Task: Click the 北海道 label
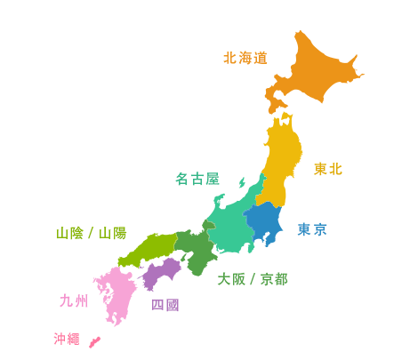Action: pyautogui.click(x=246, y=59)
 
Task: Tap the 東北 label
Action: pyautogui.click(x=327, y=169)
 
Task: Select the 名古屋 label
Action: pyautogui.click(x=197, y=180)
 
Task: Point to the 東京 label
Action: pyautogui.click(x=310, y=231)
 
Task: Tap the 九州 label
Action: pyautogui.click(x=70, y=300)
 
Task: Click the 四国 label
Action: pyautogui.click(x=165, y=305)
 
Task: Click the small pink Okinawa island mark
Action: pyautogui.click(x=95, y=340)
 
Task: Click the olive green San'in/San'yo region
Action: pyautogui.click(x=89, y=160)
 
